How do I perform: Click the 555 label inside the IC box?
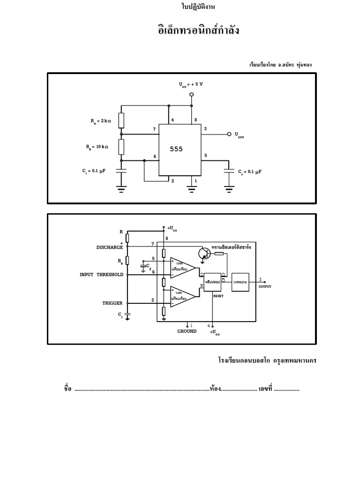coord(176,149)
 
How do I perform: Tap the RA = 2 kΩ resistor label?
coord(101,121)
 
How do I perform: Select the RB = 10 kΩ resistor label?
coord(97,147)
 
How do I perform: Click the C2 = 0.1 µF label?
coord(249,172)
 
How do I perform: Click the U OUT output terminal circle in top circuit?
coord(229,134)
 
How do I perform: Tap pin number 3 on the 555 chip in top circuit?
coord(205,128)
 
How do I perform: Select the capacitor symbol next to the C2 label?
coord(229,172)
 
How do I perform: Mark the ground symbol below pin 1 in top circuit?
coord(191,189)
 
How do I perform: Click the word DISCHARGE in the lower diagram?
coord(110,247)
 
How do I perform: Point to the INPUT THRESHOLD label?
coord(101,275)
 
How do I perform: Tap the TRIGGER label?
coord(112,303)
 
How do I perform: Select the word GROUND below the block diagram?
coord(187,331)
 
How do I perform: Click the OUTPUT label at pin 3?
coord(265,286)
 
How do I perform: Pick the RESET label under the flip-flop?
coord(218,296)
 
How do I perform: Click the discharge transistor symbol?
coord(203,254)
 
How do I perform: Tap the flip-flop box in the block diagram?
coord(212,282)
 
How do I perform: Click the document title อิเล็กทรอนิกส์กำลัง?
coord(198,30)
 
